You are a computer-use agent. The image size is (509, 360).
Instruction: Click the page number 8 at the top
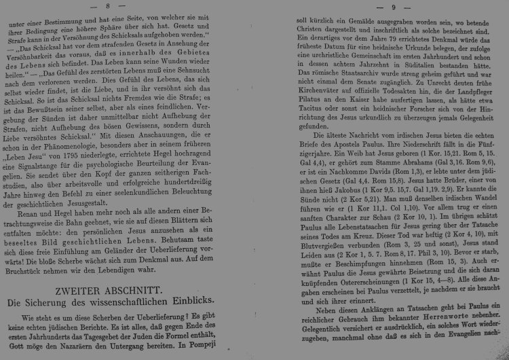pos(127,5)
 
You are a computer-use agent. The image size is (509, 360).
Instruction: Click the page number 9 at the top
pos(394,7)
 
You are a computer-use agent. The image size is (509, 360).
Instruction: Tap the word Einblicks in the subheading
pos(221,301)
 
